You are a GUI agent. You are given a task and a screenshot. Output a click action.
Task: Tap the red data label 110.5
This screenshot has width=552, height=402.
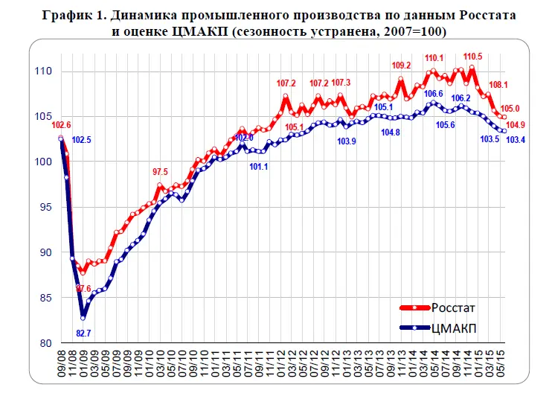(472, 57)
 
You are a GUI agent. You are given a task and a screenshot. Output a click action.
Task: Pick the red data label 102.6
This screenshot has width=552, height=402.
(61, 124)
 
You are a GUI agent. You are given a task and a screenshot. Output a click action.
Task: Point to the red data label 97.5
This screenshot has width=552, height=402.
(161, 172)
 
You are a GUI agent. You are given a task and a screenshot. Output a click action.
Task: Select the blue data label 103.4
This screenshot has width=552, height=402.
(517, 139)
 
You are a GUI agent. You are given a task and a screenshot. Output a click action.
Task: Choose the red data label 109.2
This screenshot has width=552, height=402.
(400, 65)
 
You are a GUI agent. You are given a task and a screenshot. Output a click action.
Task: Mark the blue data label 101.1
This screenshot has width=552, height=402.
(258, 166)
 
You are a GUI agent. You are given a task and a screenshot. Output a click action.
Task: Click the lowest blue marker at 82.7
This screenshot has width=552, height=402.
(83, 318)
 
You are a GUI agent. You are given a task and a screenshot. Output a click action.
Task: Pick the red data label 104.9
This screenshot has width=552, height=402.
(517, 124)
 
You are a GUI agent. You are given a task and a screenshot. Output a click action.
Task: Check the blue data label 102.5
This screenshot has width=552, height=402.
(82, 139)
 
